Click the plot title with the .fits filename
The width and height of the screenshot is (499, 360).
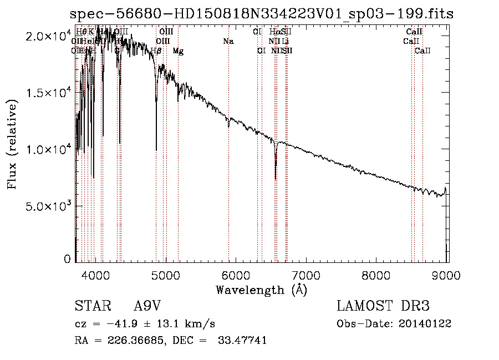(262, 14)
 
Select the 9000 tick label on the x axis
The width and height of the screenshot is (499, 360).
(447, 274)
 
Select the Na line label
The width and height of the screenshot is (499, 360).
(228, 41)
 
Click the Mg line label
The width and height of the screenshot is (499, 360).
(178, 51)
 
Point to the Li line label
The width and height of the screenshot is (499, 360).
(285, 41)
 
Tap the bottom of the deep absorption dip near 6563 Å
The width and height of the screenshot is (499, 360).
(276, 179)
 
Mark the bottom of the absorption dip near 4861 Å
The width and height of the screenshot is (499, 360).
(156, 150)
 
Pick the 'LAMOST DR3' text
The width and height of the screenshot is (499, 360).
(383, 307)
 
